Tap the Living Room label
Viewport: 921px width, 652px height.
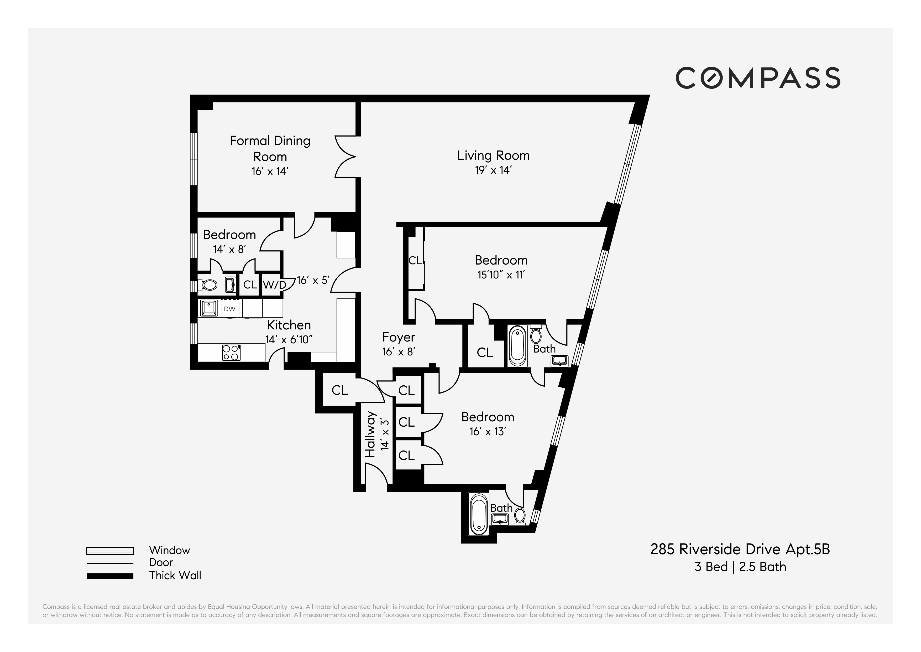[493, 155]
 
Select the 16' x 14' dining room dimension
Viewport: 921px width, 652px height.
[270, 172]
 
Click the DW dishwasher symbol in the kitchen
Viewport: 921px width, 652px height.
[229, 309]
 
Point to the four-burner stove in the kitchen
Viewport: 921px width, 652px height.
[232, 353]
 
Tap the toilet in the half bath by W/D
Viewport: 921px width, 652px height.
[209, 285]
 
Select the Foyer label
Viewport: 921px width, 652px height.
[398, 337]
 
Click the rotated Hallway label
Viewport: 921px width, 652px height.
[370, 434]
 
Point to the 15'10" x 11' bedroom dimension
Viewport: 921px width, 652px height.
[501, 275]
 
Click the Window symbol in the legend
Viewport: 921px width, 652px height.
[110, 551]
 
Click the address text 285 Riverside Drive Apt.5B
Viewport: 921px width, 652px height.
[740, 549]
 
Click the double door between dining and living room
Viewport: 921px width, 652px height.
[346, 157]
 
